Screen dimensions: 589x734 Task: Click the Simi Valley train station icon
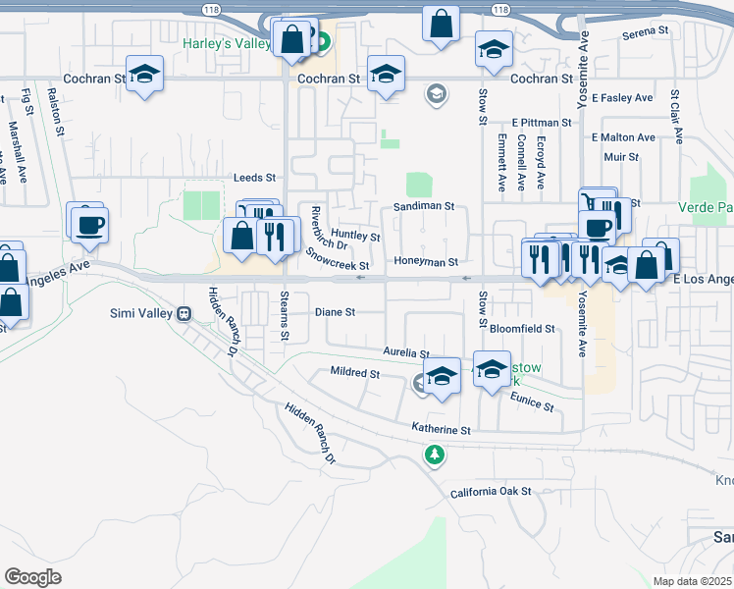coord(183,313)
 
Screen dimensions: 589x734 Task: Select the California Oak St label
coord(491,492)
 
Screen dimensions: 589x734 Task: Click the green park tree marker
coord(434,455)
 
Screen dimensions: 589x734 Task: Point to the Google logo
coord(32,576)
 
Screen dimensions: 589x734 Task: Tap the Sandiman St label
coord(424,207)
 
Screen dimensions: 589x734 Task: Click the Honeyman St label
coord(426,262)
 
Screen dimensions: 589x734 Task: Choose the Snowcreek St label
coord(337,259)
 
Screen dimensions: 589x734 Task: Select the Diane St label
coord(334,312)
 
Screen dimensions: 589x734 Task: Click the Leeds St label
coord(255,178)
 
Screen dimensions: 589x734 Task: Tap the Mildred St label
coord(355,374)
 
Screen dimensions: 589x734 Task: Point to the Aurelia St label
coord(405,353)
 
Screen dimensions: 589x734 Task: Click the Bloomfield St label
coord(522,329)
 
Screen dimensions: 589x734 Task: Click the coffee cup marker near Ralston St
coord(89,225)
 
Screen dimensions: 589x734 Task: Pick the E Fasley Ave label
coord(622,98)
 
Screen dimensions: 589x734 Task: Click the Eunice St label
coord(533,401)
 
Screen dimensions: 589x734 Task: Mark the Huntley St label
coord(355,237)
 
